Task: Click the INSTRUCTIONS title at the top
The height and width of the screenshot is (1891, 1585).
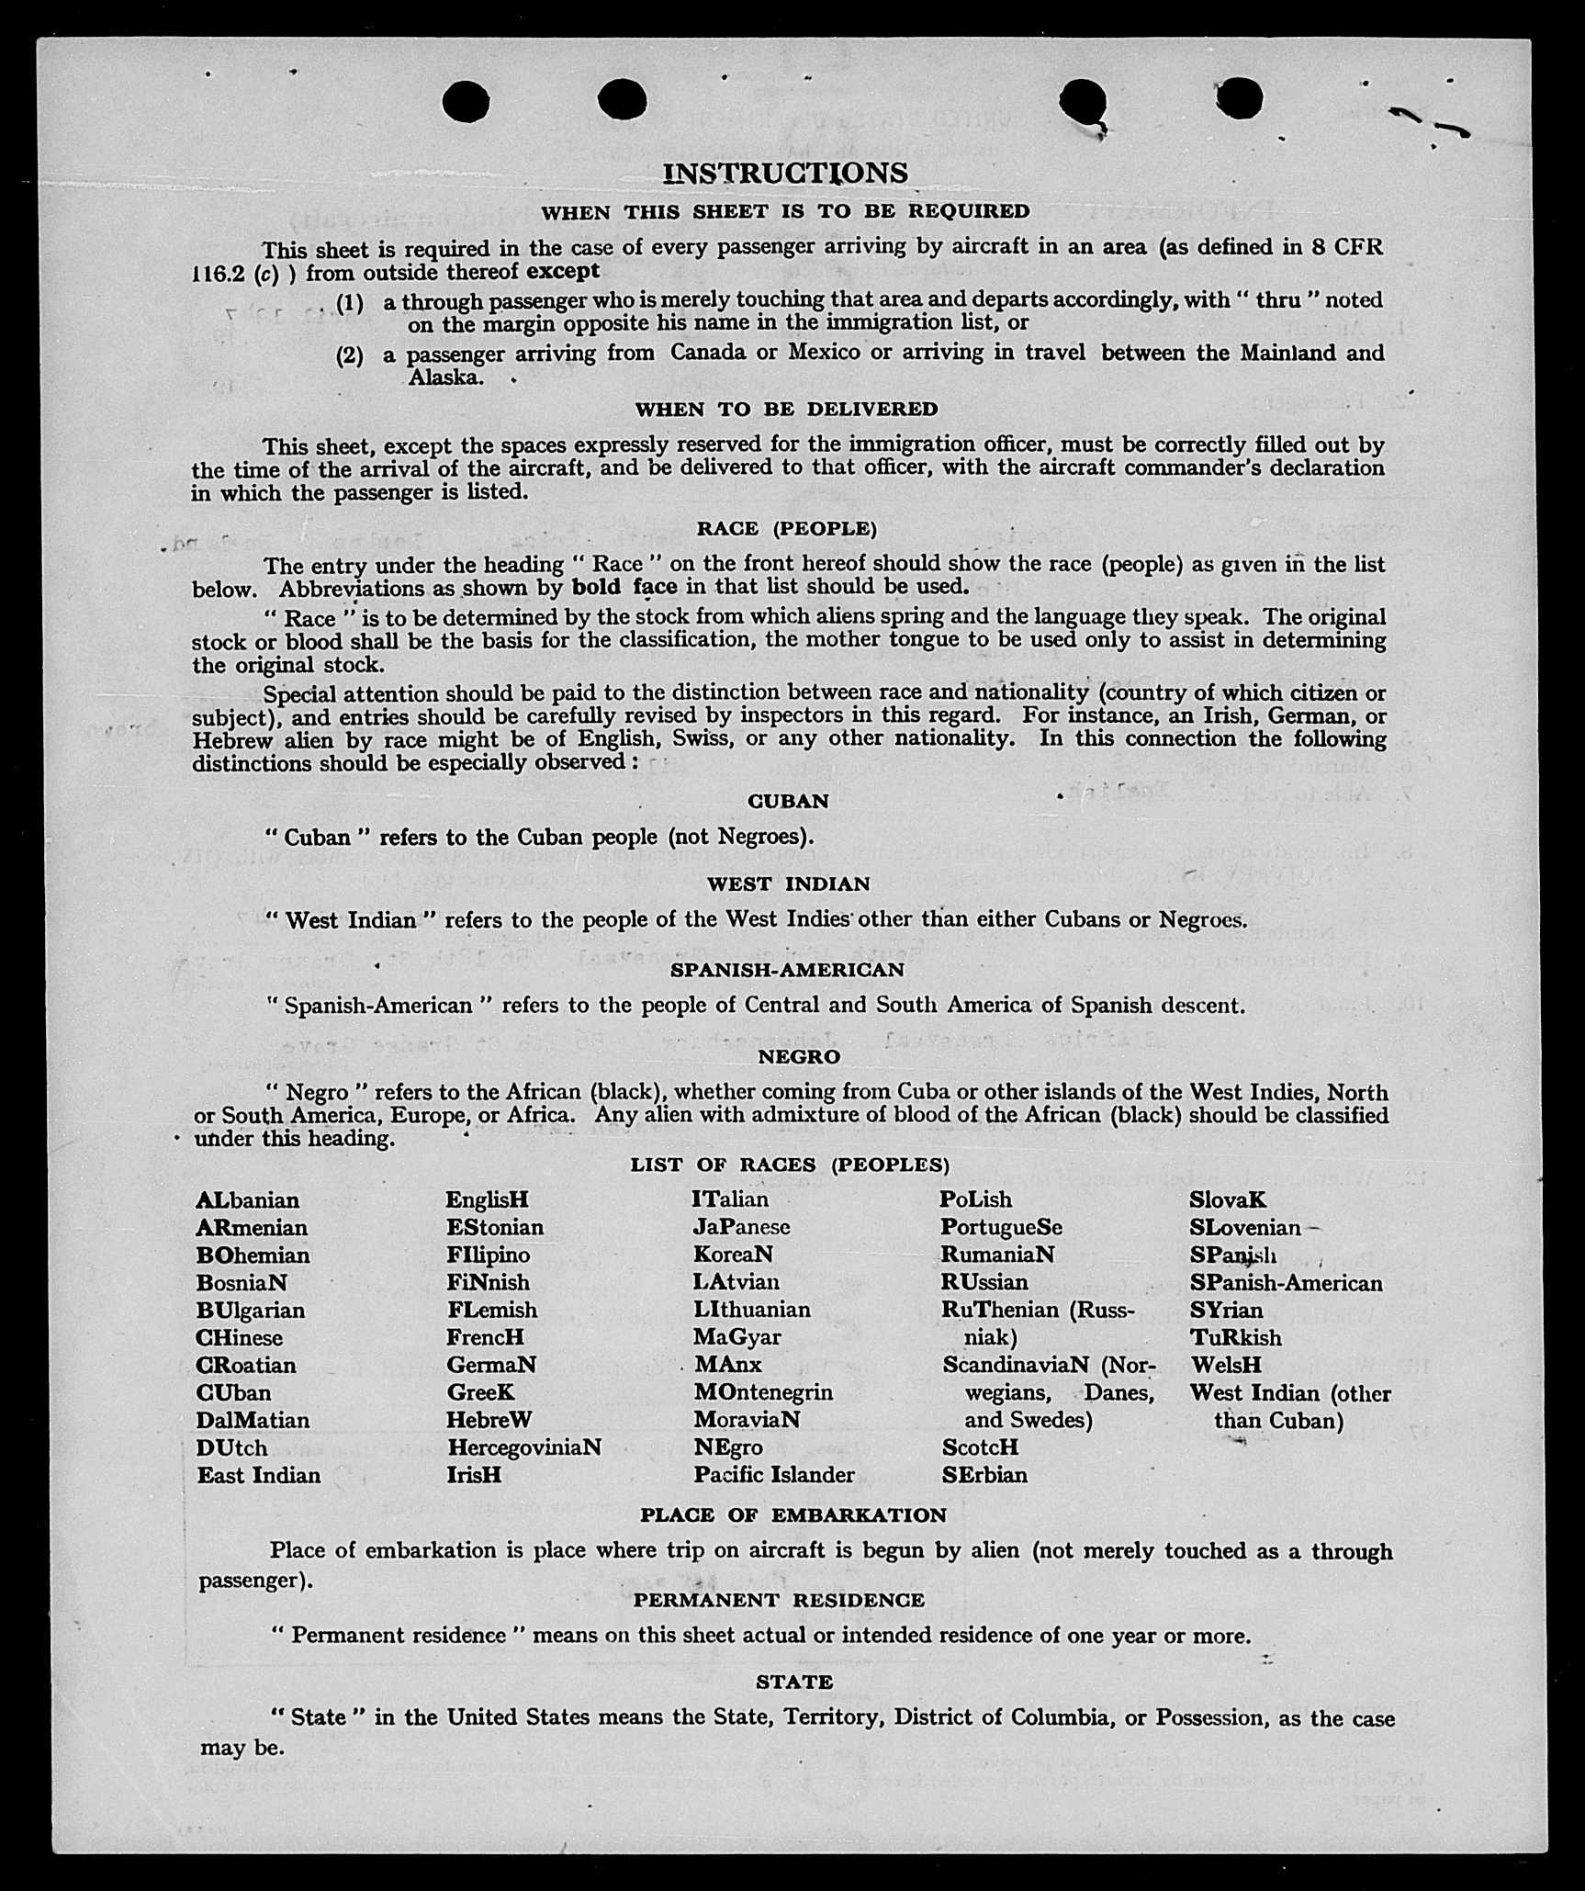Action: pos(785,173)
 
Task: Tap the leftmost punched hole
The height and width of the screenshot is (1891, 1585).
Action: pos(466,101)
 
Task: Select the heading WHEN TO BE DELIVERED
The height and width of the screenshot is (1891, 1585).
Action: pos(787,410)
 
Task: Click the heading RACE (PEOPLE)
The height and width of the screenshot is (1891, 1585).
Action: pos(787,528)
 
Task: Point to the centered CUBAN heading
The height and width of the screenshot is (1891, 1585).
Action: pos(788,801)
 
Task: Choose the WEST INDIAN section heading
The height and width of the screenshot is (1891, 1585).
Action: pos(789,884)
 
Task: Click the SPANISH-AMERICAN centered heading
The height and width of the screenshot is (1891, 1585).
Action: pos(787,970)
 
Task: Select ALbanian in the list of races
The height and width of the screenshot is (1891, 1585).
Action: pos(247,1200)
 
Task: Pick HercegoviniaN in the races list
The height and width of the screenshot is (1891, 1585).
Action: pos(523,1447)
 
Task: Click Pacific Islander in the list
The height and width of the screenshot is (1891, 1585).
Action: pos(773,1475)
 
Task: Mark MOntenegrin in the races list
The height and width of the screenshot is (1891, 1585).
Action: pos(763,1392)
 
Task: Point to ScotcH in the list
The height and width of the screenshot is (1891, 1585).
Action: pos(980,1447)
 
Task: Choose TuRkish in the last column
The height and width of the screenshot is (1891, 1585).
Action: pos(1235,1337)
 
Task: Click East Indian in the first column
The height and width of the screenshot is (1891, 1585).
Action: pos(258,1475)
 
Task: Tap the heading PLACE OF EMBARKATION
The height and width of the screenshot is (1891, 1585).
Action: pos(793,1515)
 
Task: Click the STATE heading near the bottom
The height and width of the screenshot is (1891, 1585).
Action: pos(794,1682)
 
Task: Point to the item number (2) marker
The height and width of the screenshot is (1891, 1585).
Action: pos(349,355)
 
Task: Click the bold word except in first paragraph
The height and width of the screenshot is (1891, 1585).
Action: pos(563,271)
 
